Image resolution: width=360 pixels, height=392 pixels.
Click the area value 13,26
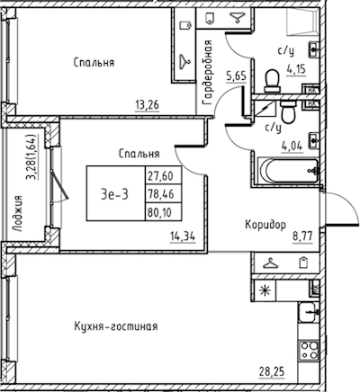(x=148, y=105)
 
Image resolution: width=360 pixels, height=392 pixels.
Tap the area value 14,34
(x=183, y=236)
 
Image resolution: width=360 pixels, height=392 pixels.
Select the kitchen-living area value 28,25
(x=272, y=372)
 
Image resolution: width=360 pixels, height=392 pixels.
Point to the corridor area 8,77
(x=302, y=236)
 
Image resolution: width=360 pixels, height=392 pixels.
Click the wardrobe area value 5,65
(x=237, y=76)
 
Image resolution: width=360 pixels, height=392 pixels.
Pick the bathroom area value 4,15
(x=296, y=69)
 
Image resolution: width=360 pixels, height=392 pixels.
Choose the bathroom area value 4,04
(x=292, y=147)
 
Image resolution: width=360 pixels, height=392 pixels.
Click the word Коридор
(x=265, y=225)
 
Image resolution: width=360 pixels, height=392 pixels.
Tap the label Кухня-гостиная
(x=116, y=326)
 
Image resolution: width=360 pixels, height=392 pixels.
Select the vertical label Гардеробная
(x=208, y=73)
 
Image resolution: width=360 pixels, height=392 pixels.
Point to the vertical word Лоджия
(x=18, y=213)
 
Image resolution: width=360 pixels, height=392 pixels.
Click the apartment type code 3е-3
(x=114, y=194)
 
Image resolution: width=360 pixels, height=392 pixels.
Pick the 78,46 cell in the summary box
(x=164, y=194)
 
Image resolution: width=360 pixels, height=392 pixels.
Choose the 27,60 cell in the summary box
(x=164, y=175)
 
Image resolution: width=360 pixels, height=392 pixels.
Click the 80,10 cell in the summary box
(x=164, y=212)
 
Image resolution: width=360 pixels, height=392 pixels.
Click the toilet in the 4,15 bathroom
(x=273, y=81)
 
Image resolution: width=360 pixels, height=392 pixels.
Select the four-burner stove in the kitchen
(x=310, y=350)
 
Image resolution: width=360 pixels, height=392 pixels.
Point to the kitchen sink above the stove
(x=308, y=312)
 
